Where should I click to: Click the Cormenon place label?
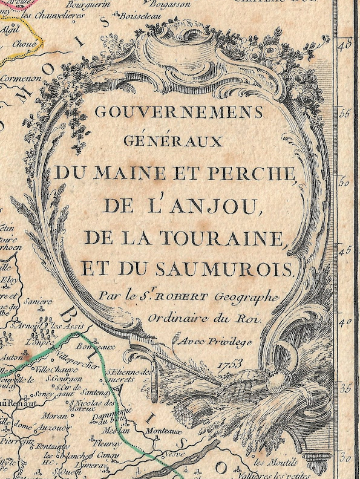(21, 79)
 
